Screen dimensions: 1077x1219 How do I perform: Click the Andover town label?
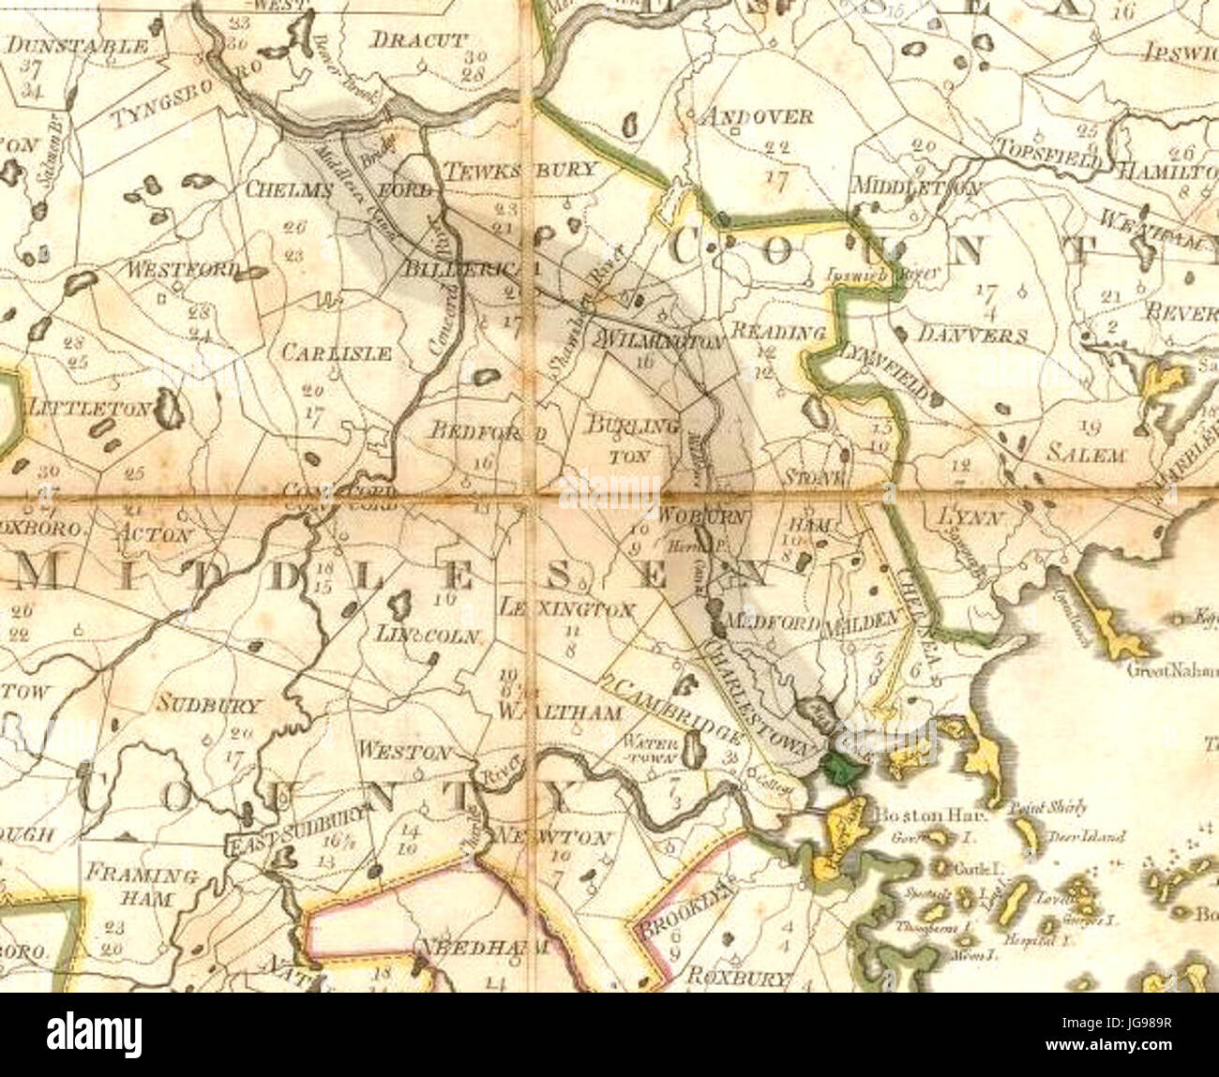tap(757, 116)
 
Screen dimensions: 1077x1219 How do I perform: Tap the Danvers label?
tap(972, 335)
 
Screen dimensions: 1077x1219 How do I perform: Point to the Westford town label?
tap(183, 270)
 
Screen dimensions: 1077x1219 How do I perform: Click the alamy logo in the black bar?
tap(98, 1035)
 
